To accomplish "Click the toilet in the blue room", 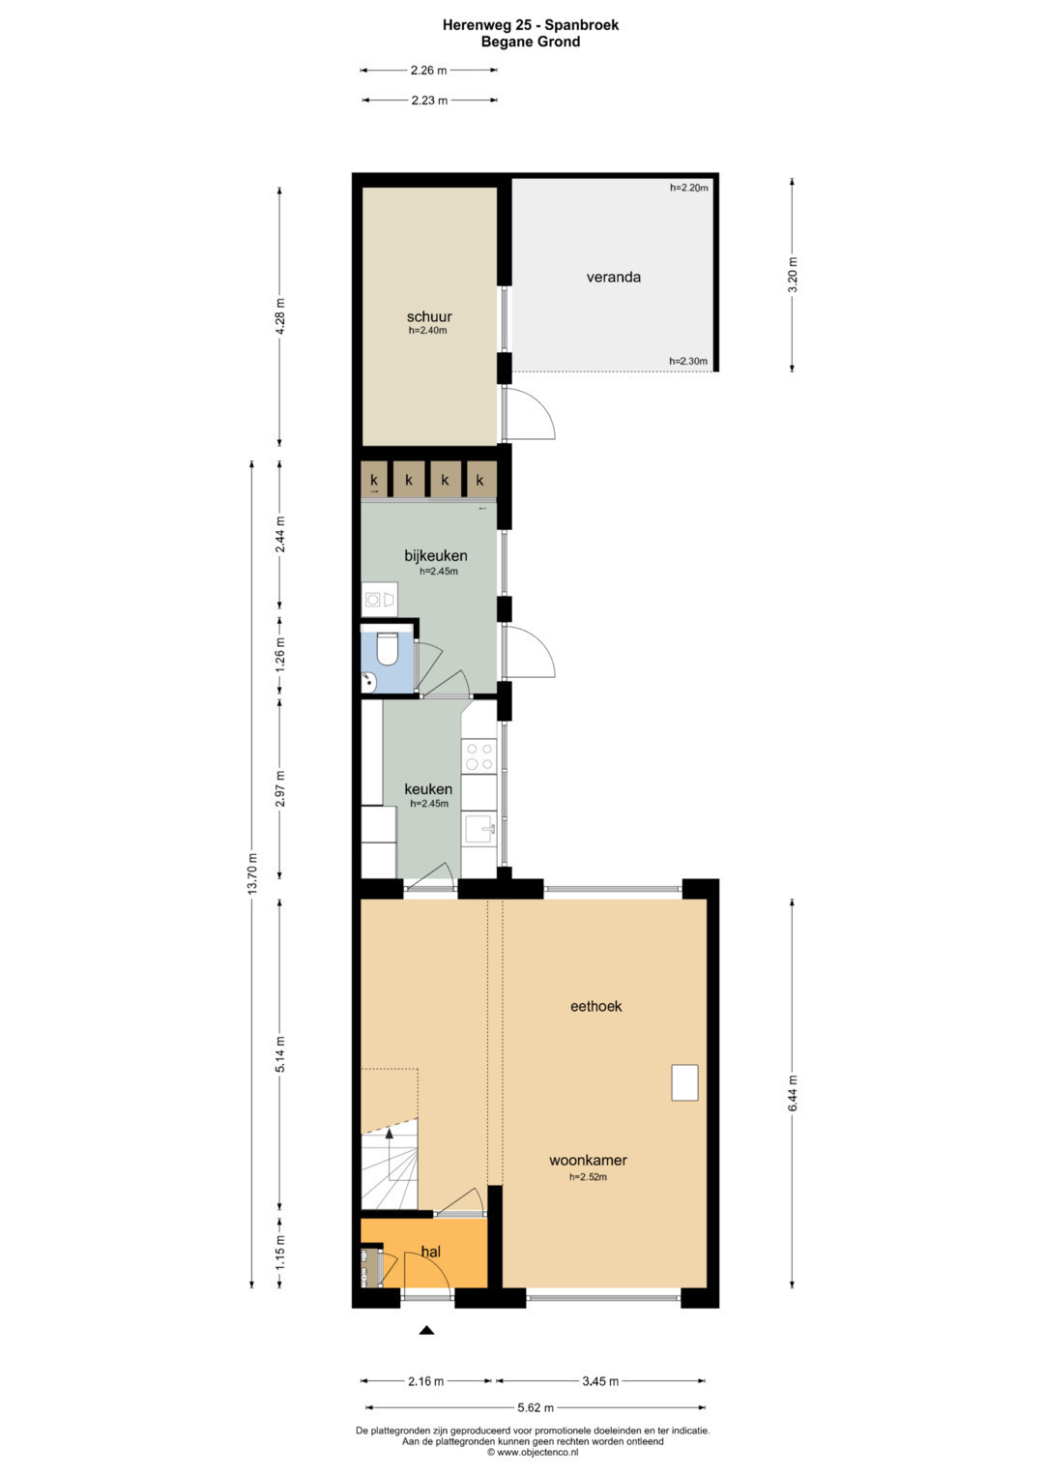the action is click(386, 648).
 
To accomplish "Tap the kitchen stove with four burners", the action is click(478, 756).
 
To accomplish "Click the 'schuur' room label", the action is click(429, 316).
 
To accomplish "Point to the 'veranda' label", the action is click(614, 277).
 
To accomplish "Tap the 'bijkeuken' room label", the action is click(436, 555).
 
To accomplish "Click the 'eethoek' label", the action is click(595, 1006).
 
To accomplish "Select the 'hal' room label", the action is click(430, 1252).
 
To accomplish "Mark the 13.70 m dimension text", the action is click(251, 873).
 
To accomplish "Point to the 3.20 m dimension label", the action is click(793, 275).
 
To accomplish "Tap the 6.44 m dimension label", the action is click(793, 1093).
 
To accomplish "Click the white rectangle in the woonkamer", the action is click(684, 1082).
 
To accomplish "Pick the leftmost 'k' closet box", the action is click(374, 480).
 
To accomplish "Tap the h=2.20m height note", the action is click(688, 188).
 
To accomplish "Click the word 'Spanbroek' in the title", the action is click(583, 25).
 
